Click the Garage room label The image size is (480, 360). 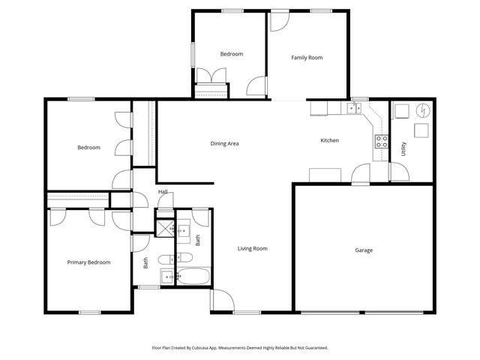click(364, 250)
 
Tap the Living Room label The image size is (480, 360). click(253, 248)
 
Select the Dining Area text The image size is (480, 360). click(224, 143)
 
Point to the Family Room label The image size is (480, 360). click(307, 57)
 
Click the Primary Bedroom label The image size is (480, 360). click(88, 262)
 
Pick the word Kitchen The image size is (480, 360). click(330, 140)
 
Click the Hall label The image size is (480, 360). click(163, 192)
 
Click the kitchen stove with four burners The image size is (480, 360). click(381, 139)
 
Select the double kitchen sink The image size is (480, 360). click(354, 109)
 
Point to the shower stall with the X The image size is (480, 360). click(165, 228)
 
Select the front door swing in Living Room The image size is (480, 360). click(220, 300)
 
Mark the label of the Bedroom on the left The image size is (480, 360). click(88, 148)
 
